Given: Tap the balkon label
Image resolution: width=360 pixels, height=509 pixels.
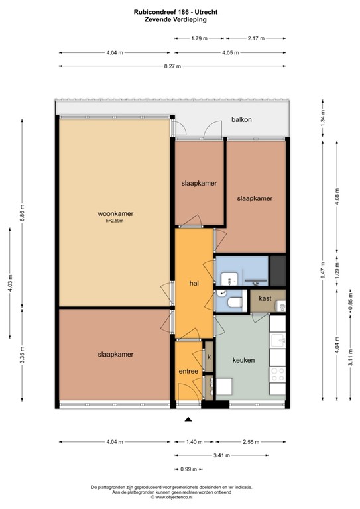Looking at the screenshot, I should click(x=241, y=120).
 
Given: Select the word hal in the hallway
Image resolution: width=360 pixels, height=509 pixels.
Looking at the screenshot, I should click(x=194, y=283).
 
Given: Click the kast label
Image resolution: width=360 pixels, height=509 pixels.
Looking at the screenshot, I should click(x=265, y=298).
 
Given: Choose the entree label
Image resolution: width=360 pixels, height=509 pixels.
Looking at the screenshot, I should click(x=188, y=371).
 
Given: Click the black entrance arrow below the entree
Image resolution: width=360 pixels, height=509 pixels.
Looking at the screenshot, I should click(x=188, y=419).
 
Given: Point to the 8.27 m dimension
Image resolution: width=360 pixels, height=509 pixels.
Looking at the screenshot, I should click(x=175, y=66).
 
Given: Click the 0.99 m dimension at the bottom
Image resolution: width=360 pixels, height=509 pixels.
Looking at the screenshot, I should click(x=188, y=469).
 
